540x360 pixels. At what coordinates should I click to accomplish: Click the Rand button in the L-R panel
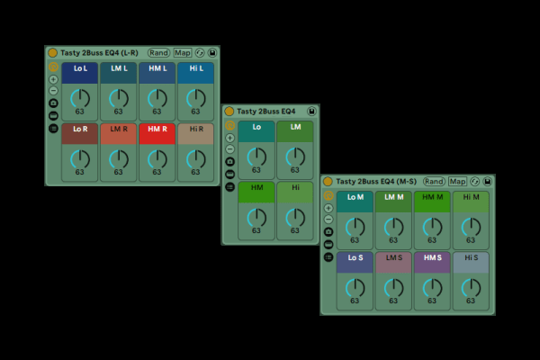(x=159, y=53)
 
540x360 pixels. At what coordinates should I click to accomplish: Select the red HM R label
(x=157, y=130)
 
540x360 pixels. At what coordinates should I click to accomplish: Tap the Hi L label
(x=195, y=68)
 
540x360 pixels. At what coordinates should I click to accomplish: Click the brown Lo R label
(x=80, y=130)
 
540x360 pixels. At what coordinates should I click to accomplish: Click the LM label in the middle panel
(x=294, y=128)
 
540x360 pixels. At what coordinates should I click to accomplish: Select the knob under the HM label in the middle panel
(x=256, y=216)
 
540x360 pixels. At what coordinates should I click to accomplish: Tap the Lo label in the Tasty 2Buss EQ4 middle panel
(x=256, y=128)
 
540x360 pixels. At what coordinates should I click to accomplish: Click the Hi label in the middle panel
(x=294, y=187)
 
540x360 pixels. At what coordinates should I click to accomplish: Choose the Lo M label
(x=355, y=197)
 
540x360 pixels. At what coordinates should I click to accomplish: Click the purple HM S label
(x=432, y=258)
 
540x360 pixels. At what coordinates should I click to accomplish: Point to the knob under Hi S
(x=471, y=286)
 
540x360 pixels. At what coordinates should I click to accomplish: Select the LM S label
(x=393, y=258)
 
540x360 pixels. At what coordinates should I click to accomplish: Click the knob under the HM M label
(x=432, y=226)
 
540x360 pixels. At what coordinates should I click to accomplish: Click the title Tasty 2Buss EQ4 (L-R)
(x=98, y=53)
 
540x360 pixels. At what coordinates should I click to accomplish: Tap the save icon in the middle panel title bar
(x=311, y=112)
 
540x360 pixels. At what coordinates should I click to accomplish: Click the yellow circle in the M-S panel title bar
(x=328, y=182)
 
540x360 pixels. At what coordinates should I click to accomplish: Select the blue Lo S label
(x=355, y=258)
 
